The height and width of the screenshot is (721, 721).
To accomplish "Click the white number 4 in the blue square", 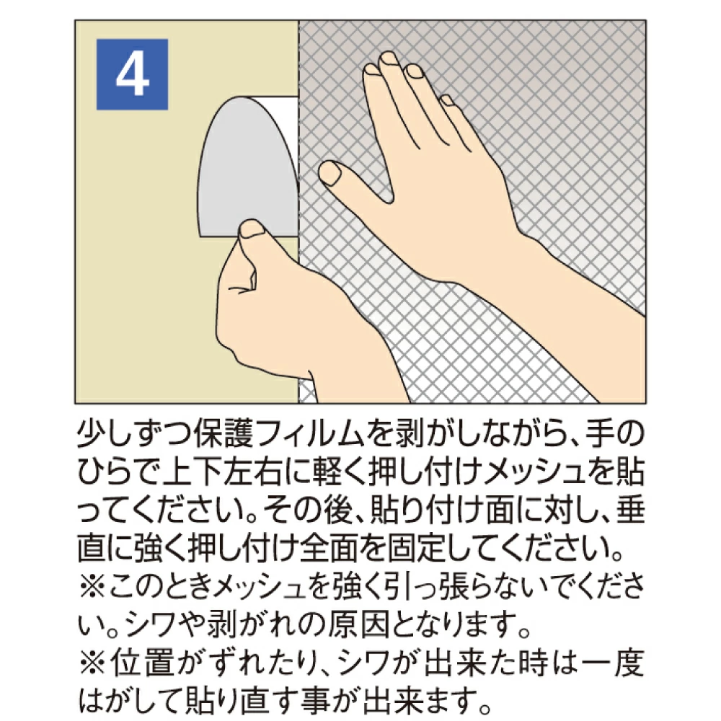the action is coord(132,75).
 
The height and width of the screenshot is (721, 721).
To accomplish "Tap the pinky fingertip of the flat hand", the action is coord(446,100).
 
